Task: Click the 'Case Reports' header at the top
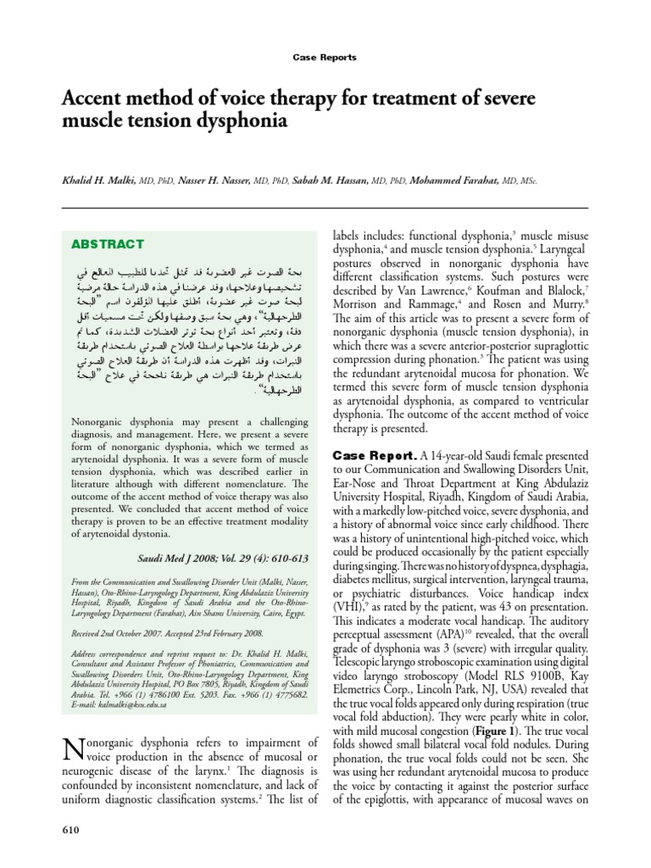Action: click(x=325, y=58)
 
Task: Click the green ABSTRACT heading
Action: click(x=107, y=244)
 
